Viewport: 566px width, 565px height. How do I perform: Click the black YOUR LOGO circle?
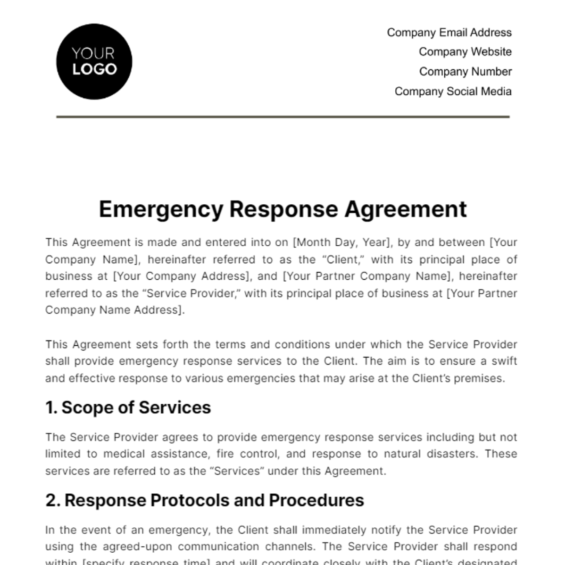[x=94, y=62]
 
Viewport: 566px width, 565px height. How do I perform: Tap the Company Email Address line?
[x=449, y=33]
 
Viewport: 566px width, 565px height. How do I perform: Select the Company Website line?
[x=465, y=52]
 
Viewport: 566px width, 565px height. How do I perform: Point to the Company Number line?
[x=465, y=72]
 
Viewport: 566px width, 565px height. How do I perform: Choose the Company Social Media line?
[x=453, y=91]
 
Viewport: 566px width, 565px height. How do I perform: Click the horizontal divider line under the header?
[x=283, y=116]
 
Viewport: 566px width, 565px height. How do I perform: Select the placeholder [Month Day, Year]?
[x=342, y=242]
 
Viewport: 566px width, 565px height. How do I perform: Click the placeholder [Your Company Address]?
[x=181, y=276]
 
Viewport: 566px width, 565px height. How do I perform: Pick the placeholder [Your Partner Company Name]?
[x=368, y=276]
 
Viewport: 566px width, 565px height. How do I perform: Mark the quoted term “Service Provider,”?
[x=191, y=293]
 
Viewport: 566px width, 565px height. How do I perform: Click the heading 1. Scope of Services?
[x=128, y=407]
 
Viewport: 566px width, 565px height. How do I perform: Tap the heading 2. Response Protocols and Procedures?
[x=205, y=500]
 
